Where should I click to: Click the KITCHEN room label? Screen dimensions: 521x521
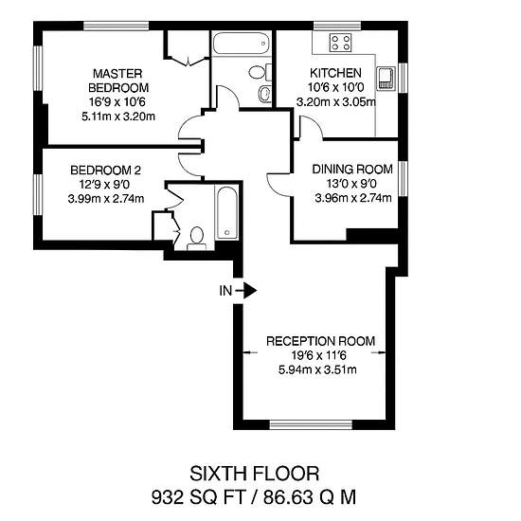tap(335, 73)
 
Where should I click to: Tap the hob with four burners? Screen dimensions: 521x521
tap(341, 43)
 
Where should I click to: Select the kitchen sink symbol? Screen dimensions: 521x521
tap(386, 79)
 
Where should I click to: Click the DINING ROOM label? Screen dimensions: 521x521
tap(352, 170)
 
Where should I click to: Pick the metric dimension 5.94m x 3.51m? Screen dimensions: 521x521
tap(317, 369)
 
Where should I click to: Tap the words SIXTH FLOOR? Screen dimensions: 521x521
tap(254, 474)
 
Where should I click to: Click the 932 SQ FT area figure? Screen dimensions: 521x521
tap(199, 497)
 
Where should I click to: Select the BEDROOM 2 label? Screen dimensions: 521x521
tap(106, 171)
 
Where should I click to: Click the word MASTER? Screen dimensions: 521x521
tap(117, 74)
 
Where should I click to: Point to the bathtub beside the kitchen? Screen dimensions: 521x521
tap(241, 44)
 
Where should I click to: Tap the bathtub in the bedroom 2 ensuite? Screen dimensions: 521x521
tap(227, 212)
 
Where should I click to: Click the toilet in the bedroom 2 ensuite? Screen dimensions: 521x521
tap(197, 238)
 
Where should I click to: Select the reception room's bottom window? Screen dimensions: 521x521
tap(311, 424)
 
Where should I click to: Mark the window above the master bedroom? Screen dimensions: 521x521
tap(116, 26)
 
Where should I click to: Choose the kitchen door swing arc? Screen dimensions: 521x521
tap(314, 123)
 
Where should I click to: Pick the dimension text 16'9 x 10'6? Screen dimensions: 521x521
tap(117, 101)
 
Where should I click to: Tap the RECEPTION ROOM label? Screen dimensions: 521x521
tap(320, 341)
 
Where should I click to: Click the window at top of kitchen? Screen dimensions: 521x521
tap(337, 26)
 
